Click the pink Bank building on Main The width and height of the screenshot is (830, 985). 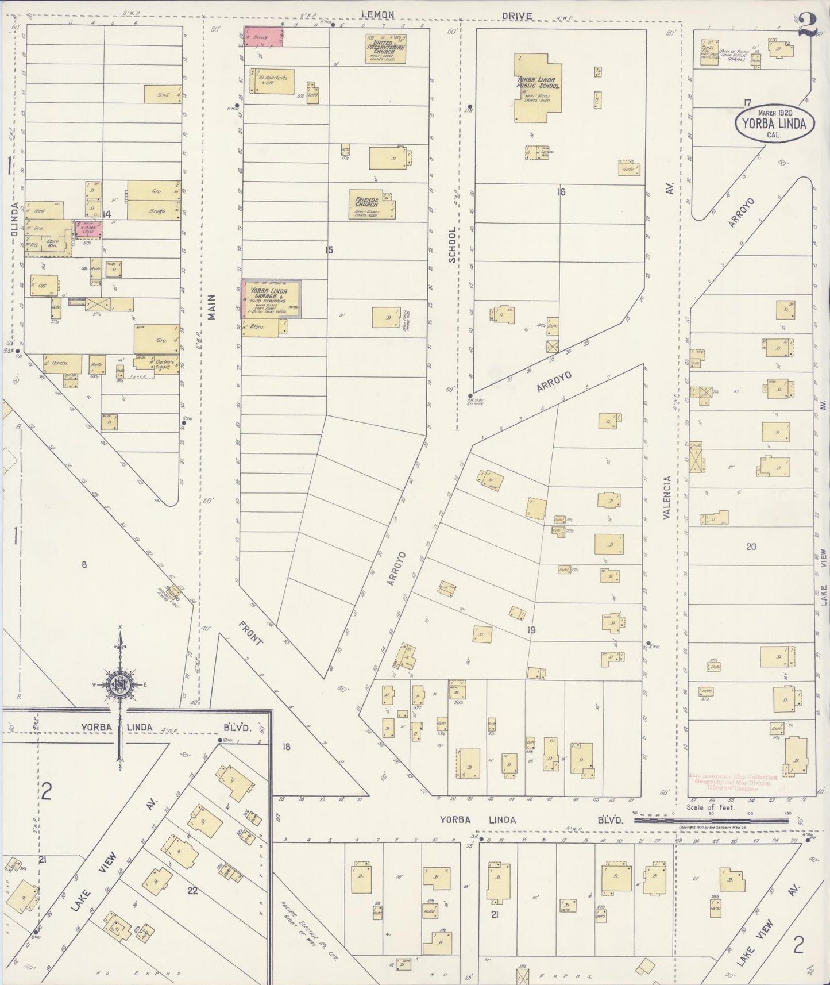point(264,36)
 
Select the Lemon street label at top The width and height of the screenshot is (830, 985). point(377,15)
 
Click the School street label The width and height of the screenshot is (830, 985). point(452,244)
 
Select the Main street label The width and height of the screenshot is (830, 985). point(211,307)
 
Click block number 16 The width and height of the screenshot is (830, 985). point(561,191)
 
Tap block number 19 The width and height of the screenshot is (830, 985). point(531,630)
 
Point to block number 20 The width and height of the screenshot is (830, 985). point(751,547)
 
